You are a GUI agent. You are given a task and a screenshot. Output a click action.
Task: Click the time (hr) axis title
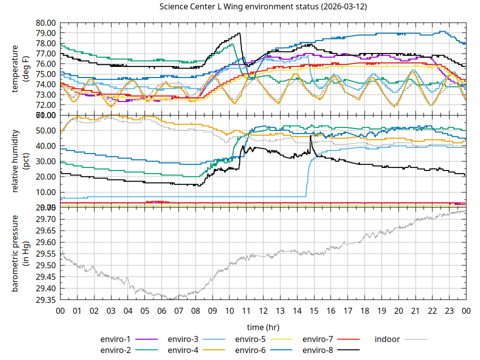coord(263,326)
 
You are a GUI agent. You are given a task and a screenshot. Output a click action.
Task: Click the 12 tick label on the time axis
coord(263,310)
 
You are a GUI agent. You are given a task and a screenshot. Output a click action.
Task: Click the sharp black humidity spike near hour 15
coord(310,135)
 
